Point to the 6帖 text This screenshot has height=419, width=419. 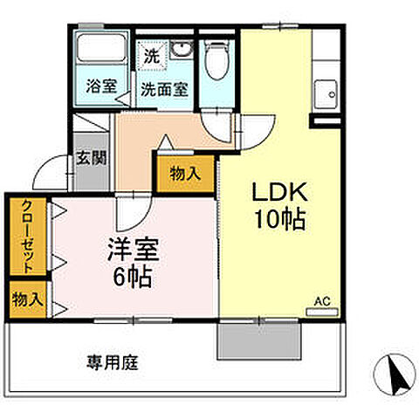click(133, 278)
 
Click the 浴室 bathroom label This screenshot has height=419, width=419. click(101, 86)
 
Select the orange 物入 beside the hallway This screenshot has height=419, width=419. click(186, 173)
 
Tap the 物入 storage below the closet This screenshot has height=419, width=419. click(26, 299)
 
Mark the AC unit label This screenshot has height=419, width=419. click(323, 302)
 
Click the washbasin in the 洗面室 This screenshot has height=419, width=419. click(182, 48)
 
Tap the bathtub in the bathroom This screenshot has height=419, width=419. click(101, 52)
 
